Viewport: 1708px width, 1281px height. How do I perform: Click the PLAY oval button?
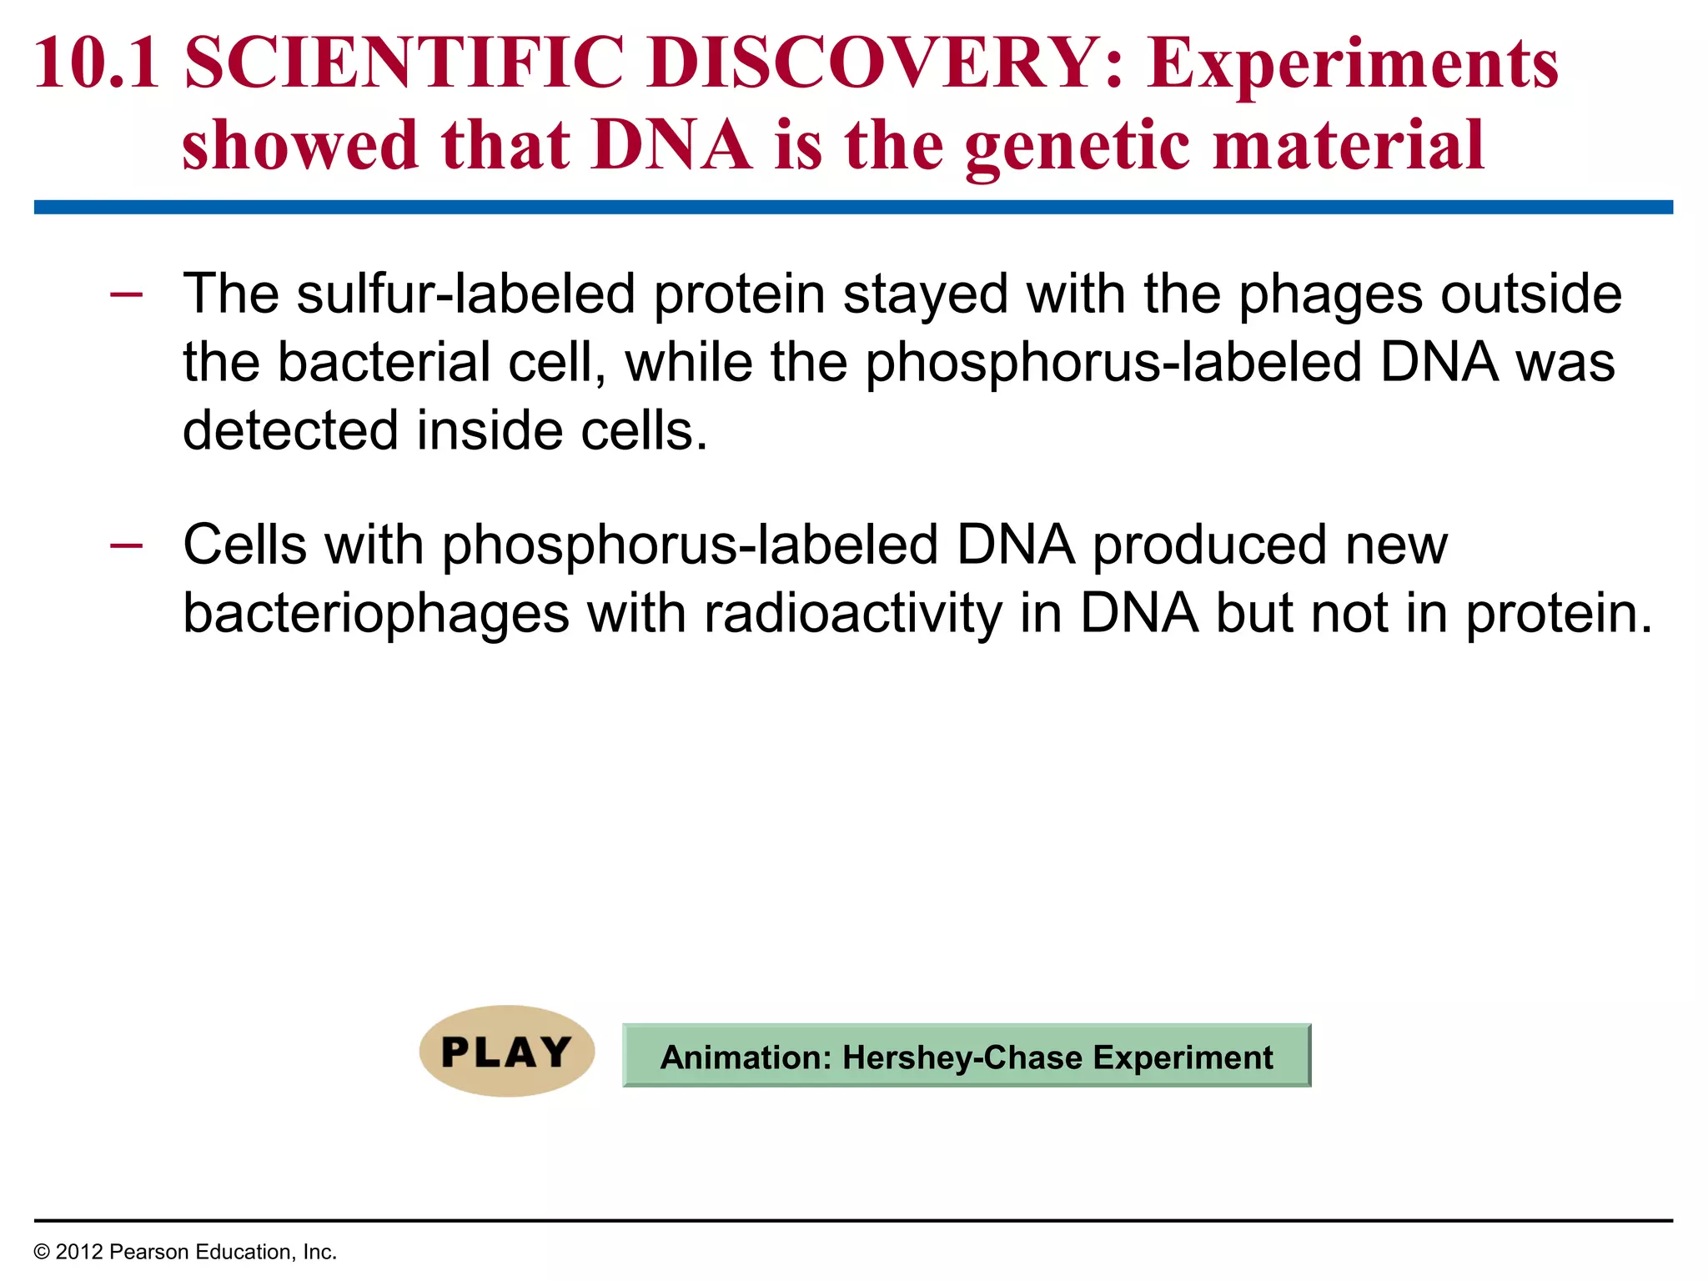[506, 1051]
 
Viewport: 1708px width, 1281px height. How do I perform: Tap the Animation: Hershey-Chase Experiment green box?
[966, 1056]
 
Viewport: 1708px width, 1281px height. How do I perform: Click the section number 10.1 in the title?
[97, 63]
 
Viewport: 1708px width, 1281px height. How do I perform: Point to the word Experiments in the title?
[1352, 65]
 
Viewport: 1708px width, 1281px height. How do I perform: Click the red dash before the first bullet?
[126, 294]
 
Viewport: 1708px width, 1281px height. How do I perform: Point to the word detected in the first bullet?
[290, 430]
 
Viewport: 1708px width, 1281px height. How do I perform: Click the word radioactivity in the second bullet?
[853, 613]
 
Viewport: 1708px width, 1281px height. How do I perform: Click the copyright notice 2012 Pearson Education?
[185, 1252]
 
